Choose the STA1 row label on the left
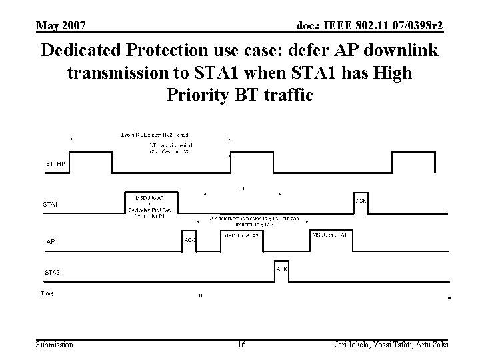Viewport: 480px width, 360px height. coord(50,204)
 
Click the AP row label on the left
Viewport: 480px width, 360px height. coord(51,242)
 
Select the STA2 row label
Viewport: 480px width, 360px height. coord(51,272)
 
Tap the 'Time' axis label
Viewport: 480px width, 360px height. coord(47,293)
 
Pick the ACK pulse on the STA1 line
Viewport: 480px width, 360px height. coord(360,202)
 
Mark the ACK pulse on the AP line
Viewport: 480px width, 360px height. coord(189,241)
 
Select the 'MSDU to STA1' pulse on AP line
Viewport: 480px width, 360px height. coord(329,236)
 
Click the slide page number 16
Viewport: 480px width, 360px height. coord(241,344)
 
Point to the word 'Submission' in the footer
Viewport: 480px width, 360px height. coord(55,344)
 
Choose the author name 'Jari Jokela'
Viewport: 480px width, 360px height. coord(349,344)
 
